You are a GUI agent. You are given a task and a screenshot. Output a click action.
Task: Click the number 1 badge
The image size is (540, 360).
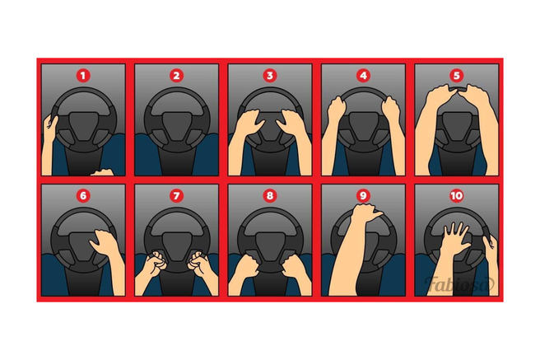[83, 76]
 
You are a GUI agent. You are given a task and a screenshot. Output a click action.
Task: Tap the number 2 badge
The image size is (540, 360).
[176, 76]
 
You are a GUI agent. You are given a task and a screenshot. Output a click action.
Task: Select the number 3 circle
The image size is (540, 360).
[270, 76]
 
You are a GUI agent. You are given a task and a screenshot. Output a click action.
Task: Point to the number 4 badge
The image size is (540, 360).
[363, 76]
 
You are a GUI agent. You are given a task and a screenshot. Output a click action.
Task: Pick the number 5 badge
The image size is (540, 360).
[456, 76]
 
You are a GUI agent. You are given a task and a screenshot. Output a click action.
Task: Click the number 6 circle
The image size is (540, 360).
[83, 196]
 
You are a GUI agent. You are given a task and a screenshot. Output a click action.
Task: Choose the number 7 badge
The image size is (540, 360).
[176, 196]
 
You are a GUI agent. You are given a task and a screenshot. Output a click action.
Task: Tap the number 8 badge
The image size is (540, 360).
[270, 196]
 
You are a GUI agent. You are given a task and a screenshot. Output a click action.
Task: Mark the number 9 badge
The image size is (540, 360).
[363, 196]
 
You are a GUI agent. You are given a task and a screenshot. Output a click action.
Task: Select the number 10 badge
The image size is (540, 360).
[456, 196]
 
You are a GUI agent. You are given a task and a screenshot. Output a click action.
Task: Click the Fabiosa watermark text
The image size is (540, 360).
[459, 284]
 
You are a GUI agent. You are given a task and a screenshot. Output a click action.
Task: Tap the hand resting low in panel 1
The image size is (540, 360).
[102, 172]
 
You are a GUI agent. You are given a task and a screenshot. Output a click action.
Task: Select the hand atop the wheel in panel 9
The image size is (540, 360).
[365, 213]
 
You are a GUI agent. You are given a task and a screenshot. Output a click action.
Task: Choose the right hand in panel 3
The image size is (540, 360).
[293, 122]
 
